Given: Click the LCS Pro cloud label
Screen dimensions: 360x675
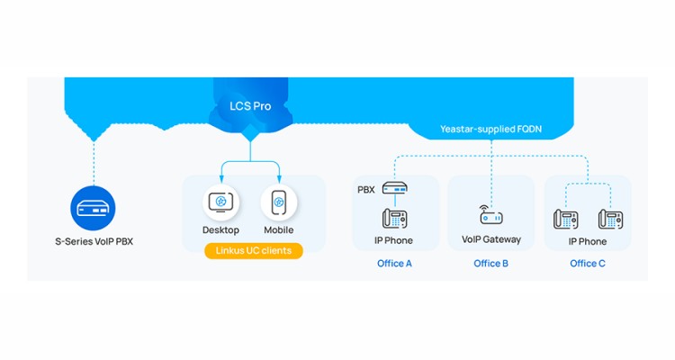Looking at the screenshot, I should (x=248, y=106).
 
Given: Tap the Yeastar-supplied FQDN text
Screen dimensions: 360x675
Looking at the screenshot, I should (x=490, y=130).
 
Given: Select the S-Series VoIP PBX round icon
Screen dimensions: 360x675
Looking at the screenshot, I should (x=93, y=207).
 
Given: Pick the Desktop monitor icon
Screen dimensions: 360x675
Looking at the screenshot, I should (x=220, y=203).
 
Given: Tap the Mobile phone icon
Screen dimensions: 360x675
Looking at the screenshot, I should (x=279, y=203).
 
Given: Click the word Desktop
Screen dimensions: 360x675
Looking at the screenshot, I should (x=220, y=230).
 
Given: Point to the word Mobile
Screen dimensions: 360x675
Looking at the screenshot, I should (x=279, y=230).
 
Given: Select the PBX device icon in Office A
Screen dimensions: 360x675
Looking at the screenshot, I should (x=394, y=189).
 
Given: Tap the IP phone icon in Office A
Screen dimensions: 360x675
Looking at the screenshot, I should (x=394, y=218).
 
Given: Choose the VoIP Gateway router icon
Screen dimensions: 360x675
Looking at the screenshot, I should (x=490, y=215).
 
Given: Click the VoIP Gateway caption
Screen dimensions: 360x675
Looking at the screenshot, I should (x=490, y=239).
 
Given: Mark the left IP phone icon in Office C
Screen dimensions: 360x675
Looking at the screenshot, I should (x=565, y=219).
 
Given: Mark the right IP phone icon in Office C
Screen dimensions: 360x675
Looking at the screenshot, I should (x=610, y=219).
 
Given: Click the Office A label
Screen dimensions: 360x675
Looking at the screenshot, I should (x=394, y=264).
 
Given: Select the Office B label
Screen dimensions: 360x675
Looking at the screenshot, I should (x=490, y=264).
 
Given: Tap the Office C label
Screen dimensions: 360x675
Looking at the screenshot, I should (x=587, y=264).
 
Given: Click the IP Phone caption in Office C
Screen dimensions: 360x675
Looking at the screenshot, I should (x=587, y=241).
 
